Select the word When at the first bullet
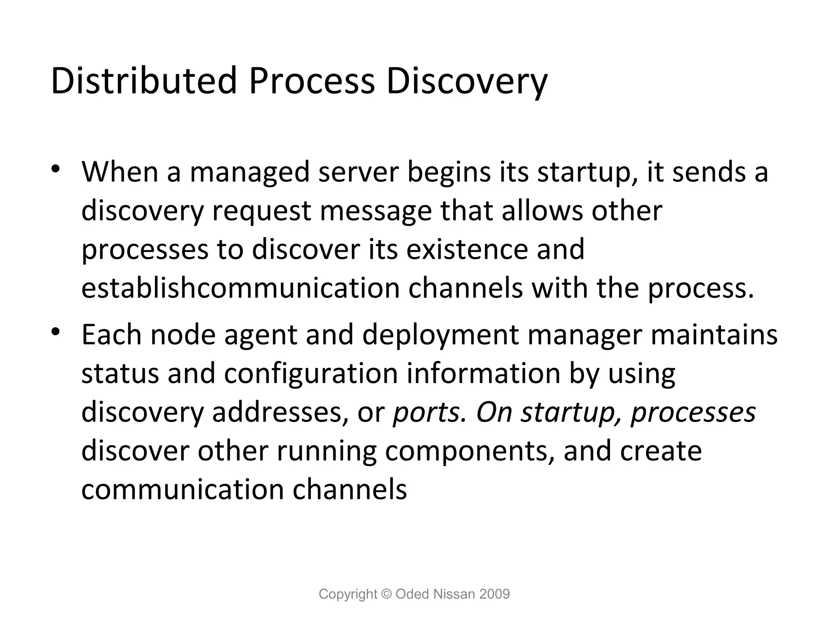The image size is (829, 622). pos(119,172)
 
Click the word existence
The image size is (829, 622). pos(467,249)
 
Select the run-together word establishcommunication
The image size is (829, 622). pos(240,288)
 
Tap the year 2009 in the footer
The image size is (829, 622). pos(494,594)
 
